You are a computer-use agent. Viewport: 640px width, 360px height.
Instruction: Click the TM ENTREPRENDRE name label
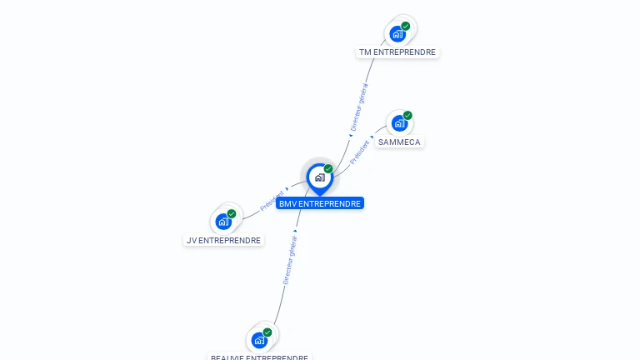point(397,52)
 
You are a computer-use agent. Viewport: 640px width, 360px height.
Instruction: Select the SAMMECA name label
point(399,142)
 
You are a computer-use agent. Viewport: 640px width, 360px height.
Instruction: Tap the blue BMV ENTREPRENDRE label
point(320,203)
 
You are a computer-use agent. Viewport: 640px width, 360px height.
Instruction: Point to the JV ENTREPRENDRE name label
point(222,240)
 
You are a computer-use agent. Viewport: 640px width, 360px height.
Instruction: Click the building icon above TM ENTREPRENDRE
point(397,34)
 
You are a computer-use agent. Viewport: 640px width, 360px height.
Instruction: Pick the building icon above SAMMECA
point(399,123)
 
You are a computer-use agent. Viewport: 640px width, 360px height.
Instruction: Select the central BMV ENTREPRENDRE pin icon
point(319,177)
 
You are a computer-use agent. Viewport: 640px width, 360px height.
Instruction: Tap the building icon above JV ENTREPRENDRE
point(222,222)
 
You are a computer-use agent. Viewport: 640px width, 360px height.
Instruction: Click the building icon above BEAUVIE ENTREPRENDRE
point(259,340)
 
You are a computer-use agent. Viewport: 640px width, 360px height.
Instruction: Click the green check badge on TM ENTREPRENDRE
point(406,26)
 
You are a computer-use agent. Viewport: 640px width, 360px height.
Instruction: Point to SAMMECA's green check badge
point(407,115)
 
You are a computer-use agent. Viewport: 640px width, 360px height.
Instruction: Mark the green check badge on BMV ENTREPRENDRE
point(328,168)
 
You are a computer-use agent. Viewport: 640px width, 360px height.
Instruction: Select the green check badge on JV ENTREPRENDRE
point(232,213)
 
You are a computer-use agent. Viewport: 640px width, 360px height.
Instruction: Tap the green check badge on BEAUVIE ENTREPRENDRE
point(267,332)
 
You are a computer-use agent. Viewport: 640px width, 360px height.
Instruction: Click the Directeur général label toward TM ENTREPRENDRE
point(359,107)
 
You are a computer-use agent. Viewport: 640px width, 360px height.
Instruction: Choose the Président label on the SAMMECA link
point(359,152)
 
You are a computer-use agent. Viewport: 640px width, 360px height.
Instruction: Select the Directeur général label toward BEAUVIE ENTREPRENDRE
point(289,258)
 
